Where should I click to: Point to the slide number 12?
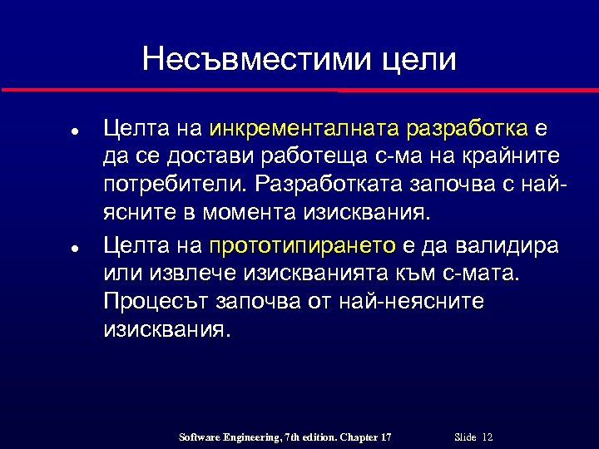[488, 437]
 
